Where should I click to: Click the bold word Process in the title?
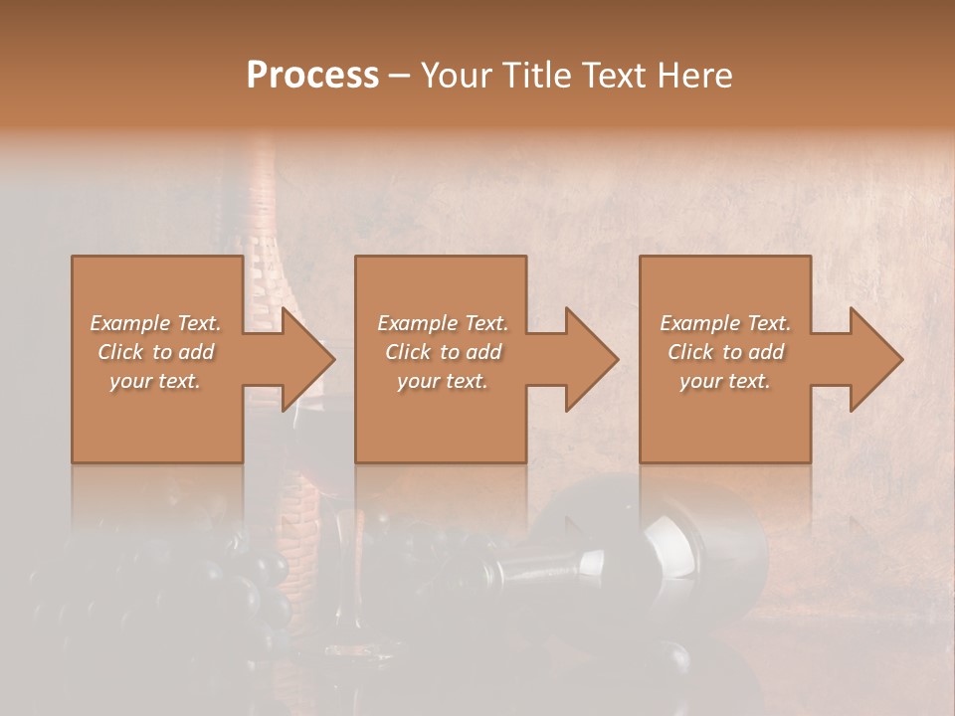point(312,75)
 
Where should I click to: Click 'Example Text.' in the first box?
point(155,322)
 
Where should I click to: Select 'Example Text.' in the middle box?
point(443,322)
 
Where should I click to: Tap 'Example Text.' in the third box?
point(725,322)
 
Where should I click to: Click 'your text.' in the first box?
point(155,380)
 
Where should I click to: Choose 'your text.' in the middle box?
point(443,380)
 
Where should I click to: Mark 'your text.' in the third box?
point(725,380)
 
